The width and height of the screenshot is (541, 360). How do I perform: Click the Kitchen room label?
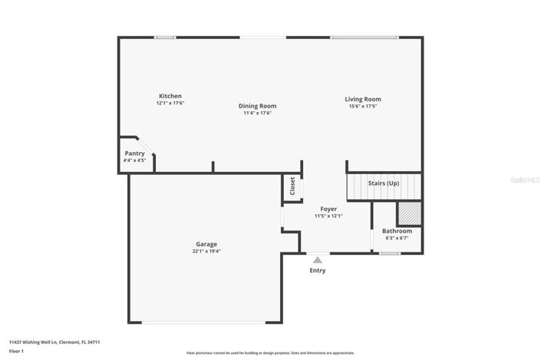[x=170, y=96]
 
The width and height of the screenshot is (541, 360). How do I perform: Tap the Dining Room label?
[x=257, y=106]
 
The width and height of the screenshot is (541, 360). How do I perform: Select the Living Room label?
[x=362, y=99]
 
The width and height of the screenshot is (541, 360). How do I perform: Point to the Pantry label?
[x=134, y=154]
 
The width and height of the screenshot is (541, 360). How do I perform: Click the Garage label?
[x=206, y=244]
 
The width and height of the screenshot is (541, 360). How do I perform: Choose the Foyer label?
[x=328, y=209]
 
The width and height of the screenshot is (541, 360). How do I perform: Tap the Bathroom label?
[x=397, y=231]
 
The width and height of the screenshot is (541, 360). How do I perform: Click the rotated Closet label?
[x=292, y=186]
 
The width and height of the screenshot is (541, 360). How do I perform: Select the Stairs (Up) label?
[x=384, y=183]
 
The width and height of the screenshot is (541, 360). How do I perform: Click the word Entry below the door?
[x=317, y=270]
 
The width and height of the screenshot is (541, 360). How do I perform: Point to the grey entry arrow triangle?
[x=317, y=260]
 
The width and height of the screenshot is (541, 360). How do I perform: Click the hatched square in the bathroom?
[x=408, y=212]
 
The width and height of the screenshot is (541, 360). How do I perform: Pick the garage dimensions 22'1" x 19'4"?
[x=206, y=252]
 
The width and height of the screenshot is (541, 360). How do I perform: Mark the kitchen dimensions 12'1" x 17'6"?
[x=170, y=103]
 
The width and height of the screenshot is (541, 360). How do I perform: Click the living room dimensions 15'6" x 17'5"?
[x=362, y=106]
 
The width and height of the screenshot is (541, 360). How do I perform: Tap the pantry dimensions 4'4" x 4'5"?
[x=134, y=160]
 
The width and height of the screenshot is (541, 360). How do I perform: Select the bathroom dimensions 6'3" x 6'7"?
[x=397, y=238]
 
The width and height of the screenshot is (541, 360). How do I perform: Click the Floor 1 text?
[x=17, y=351]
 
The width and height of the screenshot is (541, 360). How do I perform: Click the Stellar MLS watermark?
[x=525, y=180]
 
